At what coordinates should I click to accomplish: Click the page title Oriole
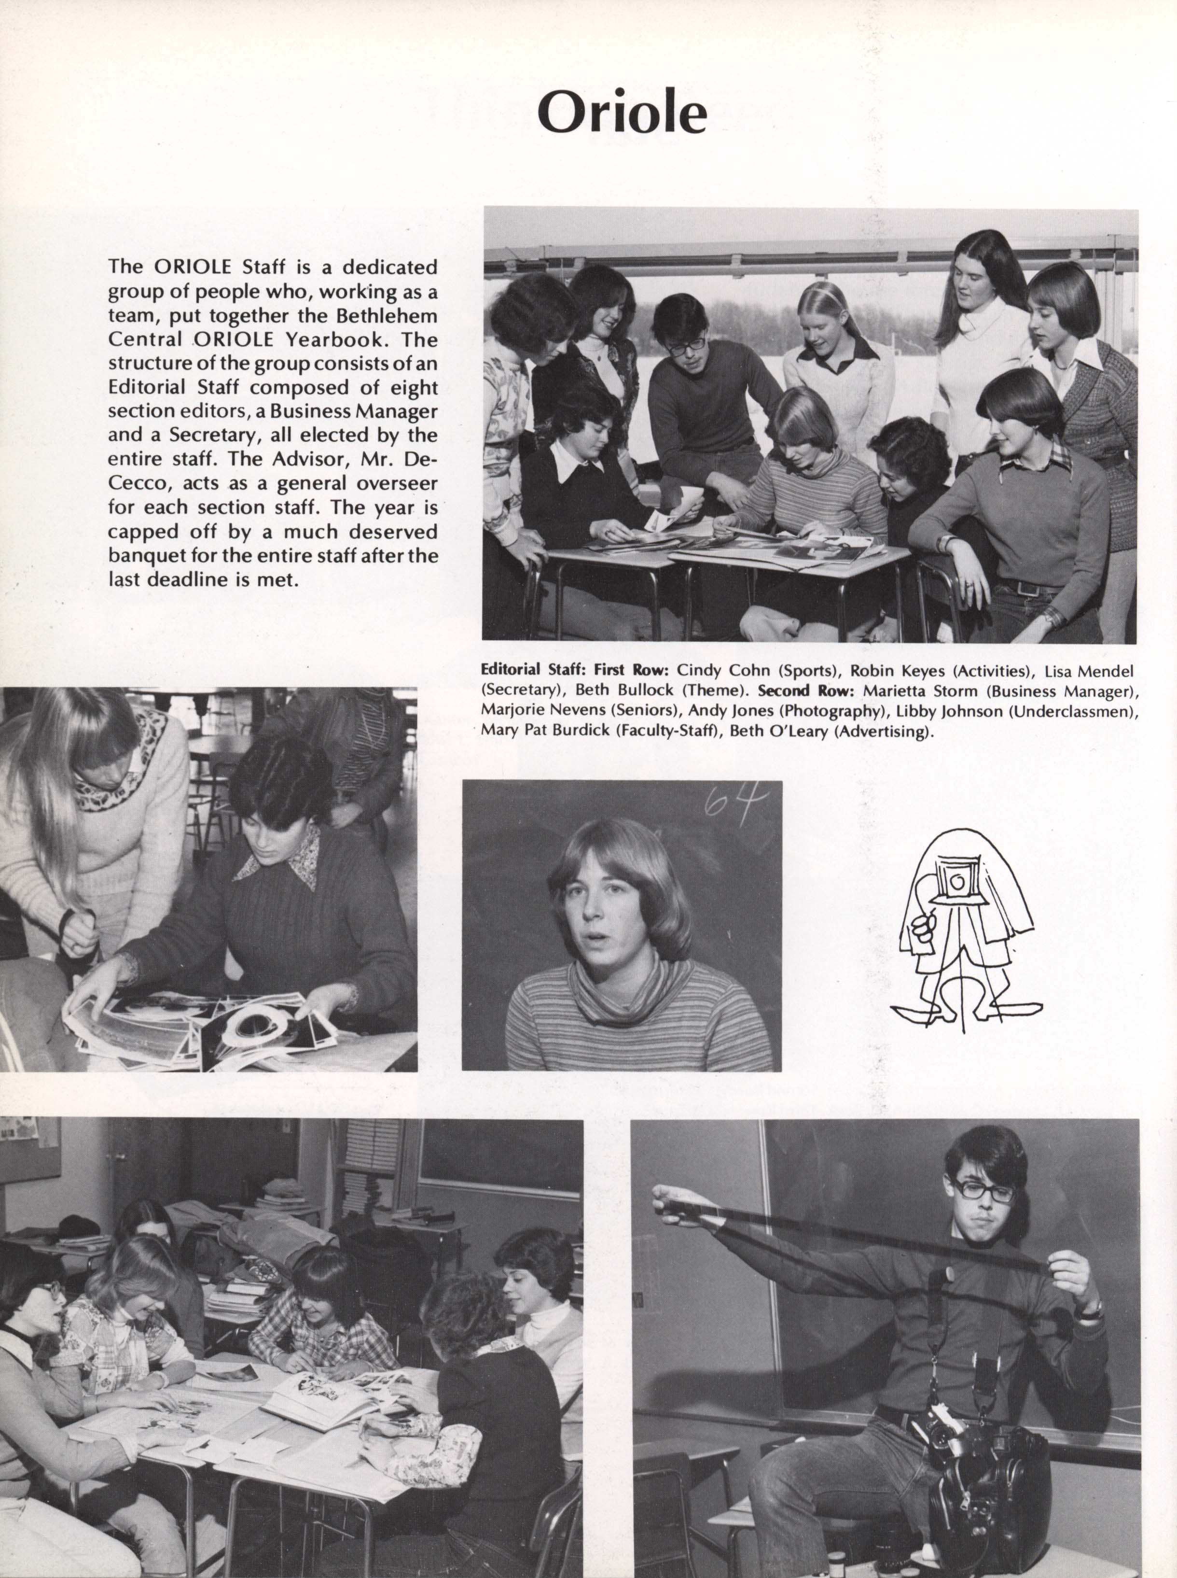click(621, 113)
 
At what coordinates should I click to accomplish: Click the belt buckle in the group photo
click(1027, 588)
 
